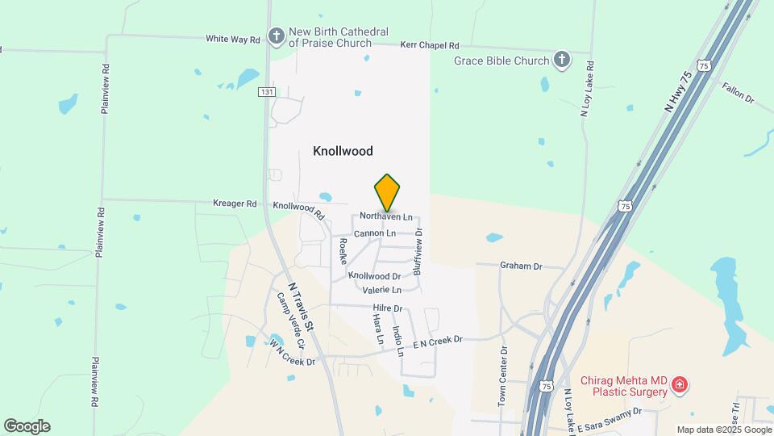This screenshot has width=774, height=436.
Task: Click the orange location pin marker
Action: (x=387, y=192)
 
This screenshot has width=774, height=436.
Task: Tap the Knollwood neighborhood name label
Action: (x=343, y=151)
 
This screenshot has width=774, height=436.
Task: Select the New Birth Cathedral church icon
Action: (x=277, y=36)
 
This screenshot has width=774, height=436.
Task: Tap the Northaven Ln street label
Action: (x=386, y=217)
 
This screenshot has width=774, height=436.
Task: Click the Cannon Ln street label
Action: (x=375, y=233)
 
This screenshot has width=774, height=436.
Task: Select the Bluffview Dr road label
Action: (x=418, y=251)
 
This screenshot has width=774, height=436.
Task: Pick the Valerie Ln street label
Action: (x=381, y=290)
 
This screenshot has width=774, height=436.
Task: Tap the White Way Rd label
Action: (x=233, y=39)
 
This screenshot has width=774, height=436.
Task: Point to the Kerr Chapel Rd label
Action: (x=429, y=46)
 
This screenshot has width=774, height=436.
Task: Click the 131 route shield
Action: (x=267, y=92)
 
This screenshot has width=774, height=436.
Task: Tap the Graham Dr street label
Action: (x=521, y=265)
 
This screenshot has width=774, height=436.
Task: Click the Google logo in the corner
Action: (x=27, y=426)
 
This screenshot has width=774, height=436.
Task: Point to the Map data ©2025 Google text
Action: (x=723, y=430)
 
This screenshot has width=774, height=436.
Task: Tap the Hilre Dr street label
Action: (x=388, y=308)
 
